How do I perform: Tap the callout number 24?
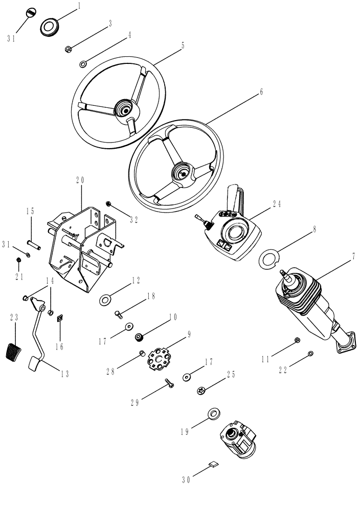pos(277,203)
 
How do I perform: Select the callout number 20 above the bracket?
pos(80,180)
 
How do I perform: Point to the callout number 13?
pos(63,374)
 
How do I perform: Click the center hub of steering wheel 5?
pos(123,109)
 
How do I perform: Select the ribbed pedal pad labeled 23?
pos(12,352)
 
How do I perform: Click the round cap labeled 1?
pos(50,26)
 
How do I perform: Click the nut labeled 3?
pos(67,49)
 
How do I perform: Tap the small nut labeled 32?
pos(108,204)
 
